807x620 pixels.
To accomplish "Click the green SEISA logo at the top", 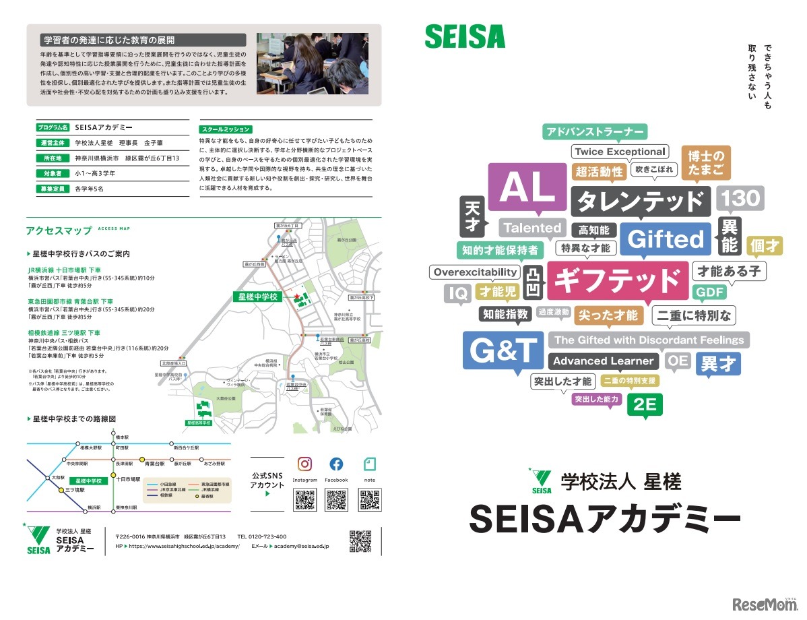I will tap(464, 36).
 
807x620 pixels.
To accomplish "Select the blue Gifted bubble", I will tap(666, 239).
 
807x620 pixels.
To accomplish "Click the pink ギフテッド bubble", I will tap(617, 280).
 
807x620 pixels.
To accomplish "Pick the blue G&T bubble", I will tap(503, 350).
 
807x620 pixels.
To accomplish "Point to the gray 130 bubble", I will tap(739, 198).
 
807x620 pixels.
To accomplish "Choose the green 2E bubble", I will tap(645, 405).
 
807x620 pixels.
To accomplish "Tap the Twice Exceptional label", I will tap(620, 152).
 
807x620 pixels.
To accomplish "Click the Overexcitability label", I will tap(476, 272).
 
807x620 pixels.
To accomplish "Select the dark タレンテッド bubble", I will tap(640, 200).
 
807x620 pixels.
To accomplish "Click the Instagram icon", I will tap(304, 464).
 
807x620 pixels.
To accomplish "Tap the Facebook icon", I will tap(336, 464).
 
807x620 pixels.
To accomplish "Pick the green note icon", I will tap(369, 464).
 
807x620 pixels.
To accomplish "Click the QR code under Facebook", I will tap(336, 500).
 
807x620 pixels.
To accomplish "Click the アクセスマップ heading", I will tap(59, 230).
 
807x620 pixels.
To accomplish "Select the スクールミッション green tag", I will tap(226, 129).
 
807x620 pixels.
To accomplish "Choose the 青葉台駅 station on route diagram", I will tap(155, 464).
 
